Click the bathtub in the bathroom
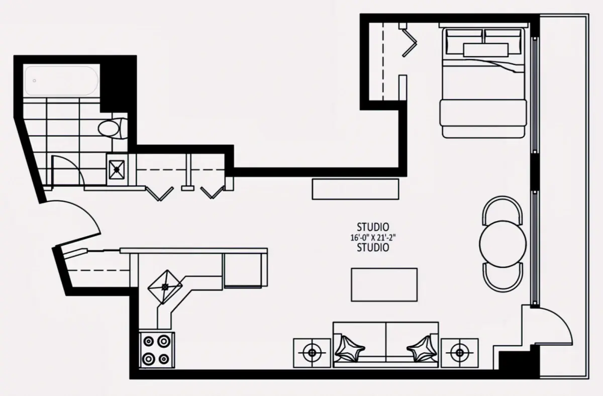point(61,80)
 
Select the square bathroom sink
point(117,169)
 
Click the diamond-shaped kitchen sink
point(165,287)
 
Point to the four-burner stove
point(157,350)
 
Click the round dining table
point(502,244)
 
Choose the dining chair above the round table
point(502,210)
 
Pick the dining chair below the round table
point(502,277)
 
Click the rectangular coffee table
point(384,284)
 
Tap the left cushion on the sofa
point(349,349)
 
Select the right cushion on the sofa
point(422,349)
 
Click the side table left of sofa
point(312,353)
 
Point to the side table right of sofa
point(459,353)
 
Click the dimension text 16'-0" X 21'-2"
point(373,238)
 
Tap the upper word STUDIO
point(373,227)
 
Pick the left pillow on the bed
point(464,42)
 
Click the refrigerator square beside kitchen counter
point(243,270)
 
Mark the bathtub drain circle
point(35,81)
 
